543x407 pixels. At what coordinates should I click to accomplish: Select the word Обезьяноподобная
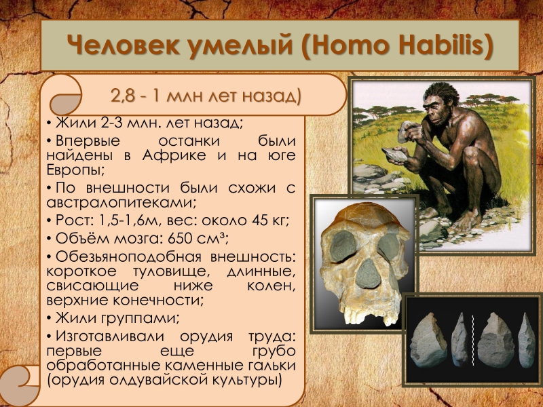[128, 257]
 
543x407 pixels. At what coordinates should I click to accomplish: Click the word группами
[141, 318]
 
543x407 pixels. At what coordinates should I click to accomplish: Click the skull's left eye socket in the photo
[343, 246]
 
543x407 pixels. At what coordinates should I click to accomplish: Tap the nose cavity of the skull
[368, 273]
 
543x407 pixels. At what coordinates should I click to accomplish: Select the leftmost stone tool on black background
[428, 341]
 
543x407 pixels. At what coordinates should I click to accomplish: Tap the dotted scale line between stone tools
[472, 341]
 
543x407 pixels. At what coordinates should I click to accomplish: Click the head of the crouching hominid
[441, 103]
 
